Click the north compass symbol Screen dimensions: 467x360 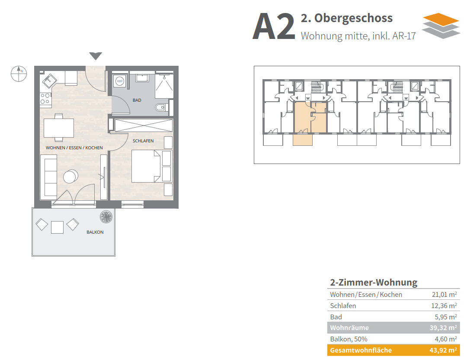(19, 74)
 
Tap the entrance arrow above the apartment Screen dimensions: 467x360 (96, 56)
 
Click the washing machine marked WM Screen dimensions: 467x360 (120, 81)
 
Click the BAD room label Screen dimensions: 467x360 (137, 100)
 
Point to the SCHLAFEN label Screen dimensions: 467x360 (143, 141)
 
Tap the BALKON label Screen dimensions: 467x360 (95, 232)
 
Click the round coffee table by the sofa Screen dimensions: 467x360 (70, 177)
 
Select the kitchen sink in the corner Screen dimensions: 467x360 (49, 80)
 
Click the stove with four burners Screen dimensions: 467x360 (45, 99)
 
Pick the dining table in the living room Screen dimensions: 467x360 (59, 128)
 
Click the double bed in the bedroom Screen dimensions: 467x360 (146, 166)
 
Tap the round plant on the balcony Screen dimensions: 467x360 (106, 217)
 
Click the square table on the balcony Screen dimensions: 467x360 (57, 227)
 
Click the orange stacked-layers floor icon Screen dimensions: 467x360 (441, 26)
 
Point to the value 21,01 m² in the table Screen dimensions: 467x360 (445, 294)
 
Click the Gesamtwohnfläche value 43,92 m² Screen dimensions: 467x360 (443, 350)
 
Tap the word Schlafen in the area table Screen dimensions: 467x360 (343, 306)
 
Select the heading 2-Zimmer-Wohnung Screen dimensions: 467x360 (374, 282)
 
